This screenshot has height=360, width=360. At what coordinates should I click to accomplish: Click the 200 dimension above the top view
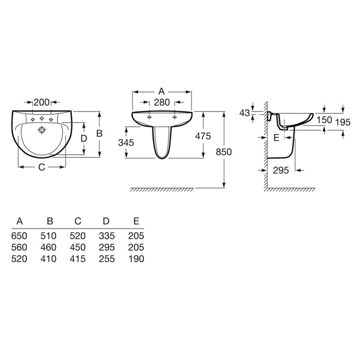(x=41, y=103)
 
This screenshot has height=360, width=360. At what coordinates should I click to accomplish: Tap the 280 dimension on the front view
(x=161, y=103)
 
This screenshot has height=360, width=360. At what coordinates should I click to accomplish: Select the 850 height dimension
(x=224, y=152)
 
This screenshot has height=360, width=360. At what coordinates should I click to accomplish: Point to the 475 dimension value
(x=203, y=136)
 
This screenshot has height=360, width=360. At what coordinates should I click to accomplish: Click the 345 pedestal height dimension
(x=126, y=143)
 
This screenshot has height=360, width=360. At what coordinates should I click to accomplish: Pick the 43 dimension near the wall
(x=244, y=113)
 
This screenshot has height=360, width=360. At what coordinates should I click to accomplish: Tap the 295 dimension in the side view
(x=281, y=170)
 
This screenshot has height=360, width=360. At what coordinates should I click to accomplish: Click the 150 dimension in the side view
(x=324, y=119)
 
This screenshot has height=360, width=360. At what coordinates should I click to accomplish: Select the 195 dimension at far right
(x=343, y=122)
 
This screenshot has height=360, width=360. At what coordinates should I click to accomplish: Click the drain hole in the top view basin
(x=42, y=130)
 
